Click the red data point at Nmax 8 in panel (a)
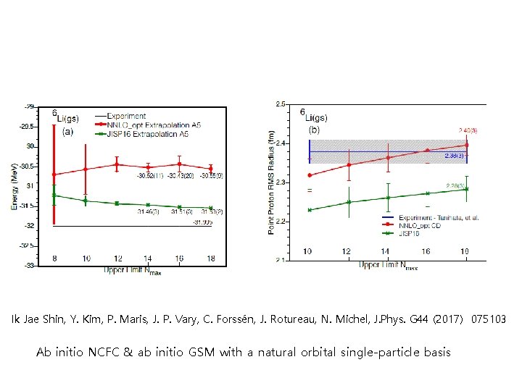click(x=54, y=175)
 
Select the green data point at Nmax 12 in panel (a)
click(x=117, y=203)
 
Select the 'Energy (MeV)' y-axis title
click(x=14, y=186)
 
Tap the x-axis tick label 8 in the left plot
click(x=54, y=258)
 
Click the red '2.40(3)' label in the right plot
click(x=467, y=130)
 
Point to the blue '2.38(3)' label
click(x=455, y=155)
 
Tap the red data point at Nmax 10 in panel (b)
click(x=310, y=175)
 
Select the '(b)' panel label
click(x=315, y=130)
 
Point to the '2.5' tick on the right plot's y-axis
click(x=281, y=104)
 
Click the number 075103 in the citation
click(x=489, y=319)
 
